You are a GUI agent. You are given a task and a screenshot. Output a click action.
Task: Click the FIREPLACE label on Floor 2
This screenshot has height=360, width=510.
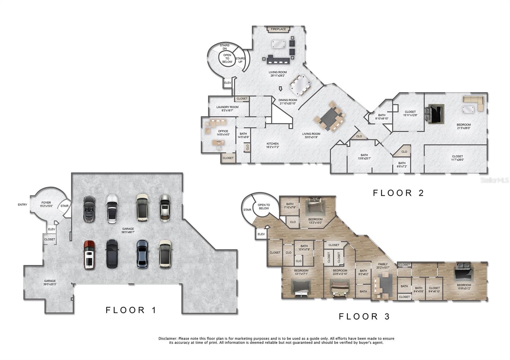pyautogui.click(x=278, y=29)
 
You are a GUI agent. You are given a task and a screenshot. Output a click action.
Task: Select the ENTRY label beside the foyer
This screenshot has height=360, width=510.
pyautogui.click(x=22, y=205)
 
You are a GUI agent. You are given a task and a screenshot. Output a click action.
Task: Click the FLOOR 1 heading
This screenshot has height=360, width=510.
pyautogui.click(x=131, y=310)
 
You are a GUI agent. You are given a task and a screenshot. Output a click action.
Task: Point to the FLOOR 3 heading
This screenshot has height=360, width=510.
pyautogui.click(x=364, y=316)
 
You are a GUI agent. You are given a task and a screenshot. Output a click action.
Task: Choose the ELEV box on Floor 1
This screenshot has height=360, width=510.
pyautogui.click(x=51, y=229)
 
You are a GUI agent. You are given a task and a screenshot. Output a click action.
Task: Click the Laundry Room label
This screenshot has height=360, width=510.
pyautogui.click(x=227, y=107)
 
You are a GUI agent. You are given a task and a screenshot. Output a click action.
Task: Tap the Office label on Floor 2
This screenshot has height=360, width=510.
pyautogui.click(x=223, y=131)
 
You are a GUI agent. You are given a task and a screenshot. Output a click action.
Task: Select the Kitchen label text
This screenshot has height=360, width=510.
pyautogui.click(x=273, y=144)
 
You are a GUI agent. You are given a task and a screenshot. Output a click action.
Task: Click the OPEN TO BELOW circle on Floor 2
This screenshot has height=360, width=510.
pyautogui.click(x=227, y=59)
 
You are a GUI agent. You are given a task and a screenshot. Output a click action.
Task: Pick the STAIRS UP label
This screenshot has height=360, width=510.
pyautogui.click(x=240, y=60)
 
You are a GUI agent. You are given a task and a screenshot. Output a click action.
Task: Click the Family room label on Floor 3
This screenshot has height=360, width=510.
pyautogui.click(x=383, y=264)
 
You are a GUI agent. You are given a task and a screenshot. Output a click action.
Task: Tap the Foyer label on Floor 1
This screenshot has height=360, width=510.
pyautogui.click(x=46, y=203)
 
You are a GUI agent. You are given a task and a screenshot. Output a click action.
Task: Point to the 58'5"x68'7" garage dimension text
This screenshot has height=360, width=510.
pyautogui.click(x=128, y=233)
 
